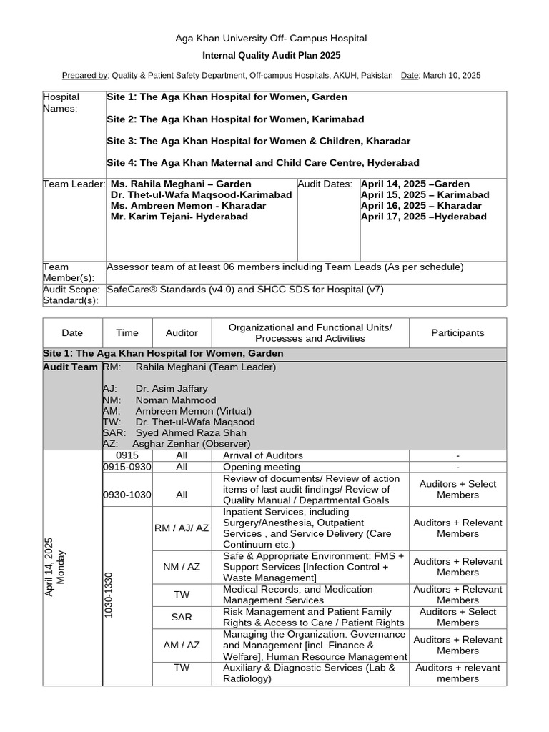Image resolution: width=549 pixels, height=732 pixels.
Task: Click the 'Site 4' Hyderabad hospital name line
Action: (x=263, y=163)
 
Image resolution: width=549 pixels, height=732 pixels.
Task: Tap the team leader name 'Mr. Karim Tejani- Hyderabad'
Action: (x=179, y=217)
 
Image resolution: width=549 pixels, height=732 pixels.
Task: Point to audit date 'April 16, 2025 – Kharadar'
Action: (x=421, y=206)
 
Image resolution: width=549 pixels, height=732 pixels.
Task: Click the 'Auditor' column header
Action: (x=182, y=332)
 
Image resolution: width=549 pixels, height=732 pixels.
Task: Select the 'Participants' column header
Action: (x=457, y=332)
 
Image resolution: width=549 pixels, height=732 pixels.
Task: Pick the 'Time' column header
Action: (x=127, y=332)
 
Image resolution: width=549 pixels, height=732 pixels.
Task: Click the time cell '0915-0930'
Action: (x=127, y=467)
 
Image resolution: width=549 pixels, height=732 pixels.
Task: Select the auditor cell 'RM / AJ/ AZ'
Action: (x=182, y=528)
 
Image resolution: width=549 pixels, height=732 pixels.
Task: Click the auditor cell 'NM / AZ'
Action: (x=182, y=566)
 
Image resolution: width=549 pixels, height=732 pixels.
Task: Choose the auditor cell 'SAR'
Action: (x=182, y=617)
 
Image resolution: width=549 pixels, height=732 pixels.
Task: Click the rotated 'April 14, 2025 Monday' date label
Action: (x=55, y=568)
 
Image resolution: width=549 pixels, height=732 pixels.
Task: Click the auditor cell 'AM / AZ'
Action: (x=182, y=645)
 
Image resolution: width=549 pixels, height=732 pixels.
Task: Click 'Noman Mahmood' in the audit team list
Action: (x=175, y=400)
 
